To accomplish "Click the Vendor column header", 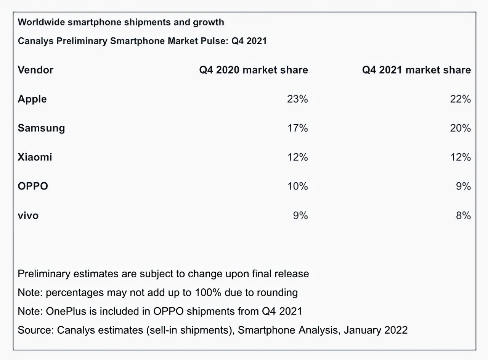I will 35,70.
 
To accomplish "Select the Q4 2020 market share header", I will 254,70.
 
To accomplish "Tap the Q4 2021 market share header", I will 416,70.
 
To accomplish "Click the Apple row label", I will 32,99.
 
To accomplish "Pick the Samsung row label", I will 41,128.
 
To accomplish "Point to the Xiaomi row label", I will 35,157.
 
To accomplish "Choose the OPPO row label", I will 33,186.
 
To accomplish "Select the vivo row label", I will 28,216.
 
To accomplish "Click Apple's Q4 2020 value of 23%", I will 297,99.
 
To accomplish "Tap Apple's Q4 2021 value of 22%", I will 460,99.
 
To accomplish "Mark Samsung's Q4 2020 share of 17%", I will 297,128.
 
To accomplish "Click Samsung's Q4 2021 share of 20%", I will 460,128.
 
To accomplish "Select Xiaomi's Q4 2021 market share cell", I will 460,157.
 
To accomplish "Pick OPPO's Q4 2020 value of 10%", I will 297,186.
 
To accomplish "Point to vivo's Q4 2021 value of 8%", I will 463,216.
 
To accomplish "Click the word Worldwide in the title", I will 41,22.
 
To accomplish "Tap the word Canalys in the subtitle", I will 36,41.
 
